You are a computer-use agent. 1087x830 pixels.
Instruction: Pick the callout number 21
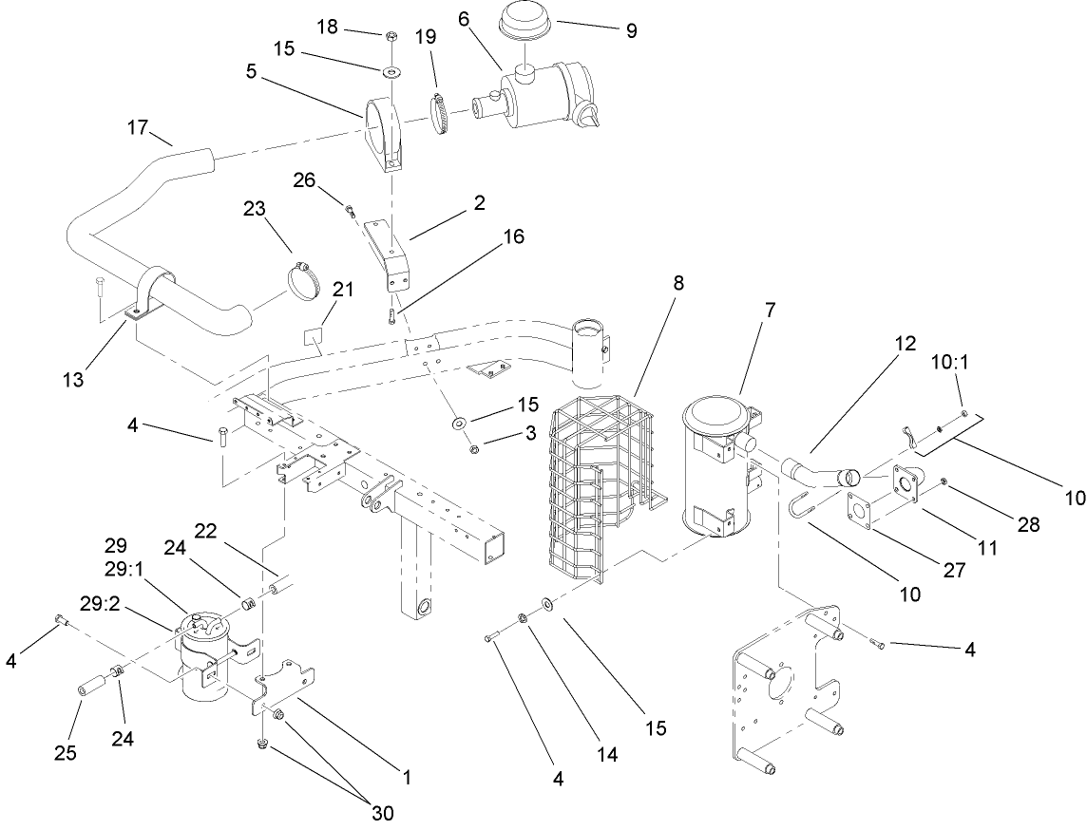pos(342,289)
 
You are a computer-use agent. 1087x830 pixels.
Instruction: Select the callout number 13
pos(71,380)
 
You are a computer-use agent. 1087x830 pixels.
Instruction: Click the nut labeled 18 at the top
pos(391,37)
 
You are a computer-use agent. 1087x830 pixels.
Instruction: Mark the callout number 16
pos(514,236)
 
